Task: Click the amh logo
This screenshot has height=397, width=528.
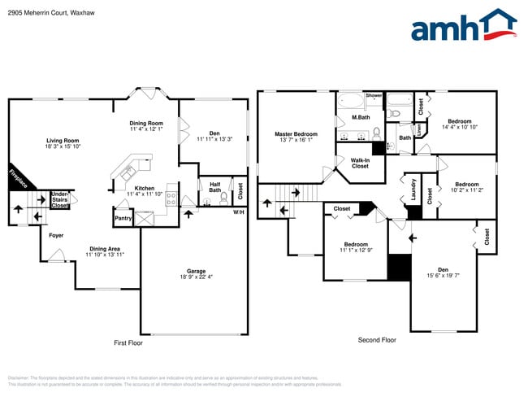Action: click(463, 26)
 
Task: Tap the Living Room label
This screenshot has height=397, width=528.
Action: click(63, 141)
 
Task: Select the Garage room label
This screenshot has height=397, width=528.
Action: click(195, 271)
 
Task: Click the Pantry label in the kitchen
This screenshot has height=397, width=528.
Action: click(123, 218)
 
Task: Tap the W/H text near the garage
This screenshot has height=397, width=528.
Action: click(239, 212)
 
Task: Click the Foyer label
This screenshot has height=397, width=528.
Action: click(56, 236)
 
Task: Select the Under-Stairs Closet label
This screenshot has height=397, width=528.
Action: click(60, 200)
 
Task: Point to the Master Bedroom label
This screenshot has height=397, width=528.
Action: click(295, 133)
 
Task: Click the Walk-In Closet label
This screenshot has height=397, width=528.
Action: click(360, 163)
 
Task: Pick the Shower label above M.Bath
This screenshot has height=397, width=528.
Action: click(374, 95)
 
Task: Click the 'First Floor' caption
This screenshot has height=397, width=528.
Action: click(128, 343)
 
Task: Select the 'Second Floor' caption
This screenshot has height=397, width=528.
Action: click(377, 339)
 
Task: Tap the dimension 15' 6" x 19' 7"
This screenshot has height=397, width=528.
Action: click(443, 276)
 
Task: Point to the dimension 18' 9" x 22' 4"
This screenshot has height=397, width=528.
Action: click(195, 277)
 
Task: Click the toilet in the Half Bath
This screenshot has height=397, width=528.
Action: click(223, 197)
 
